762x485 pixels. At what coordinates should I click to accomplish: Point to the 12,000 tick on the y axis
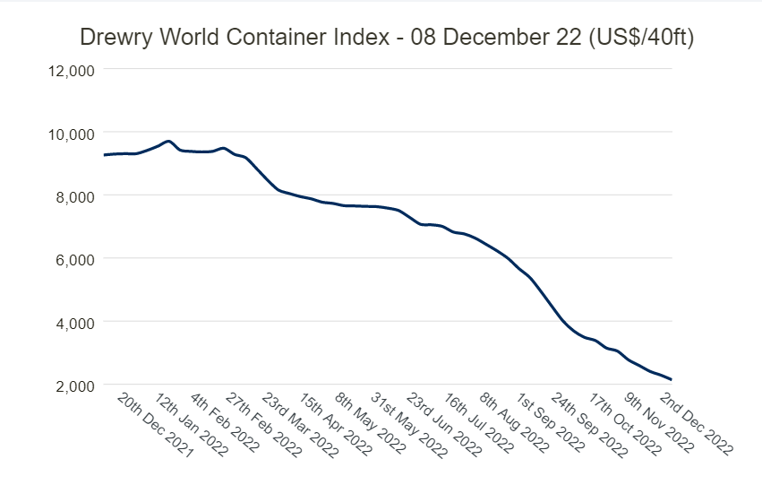point(69,71)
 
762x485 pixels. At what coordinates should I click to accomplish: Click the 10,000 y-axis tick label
point(69,134)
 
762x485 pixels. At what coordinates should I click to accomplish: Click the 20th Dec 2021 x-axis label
point(155,425)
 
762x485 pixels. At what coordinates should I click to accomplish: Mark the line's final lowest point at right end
point(671,379)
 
